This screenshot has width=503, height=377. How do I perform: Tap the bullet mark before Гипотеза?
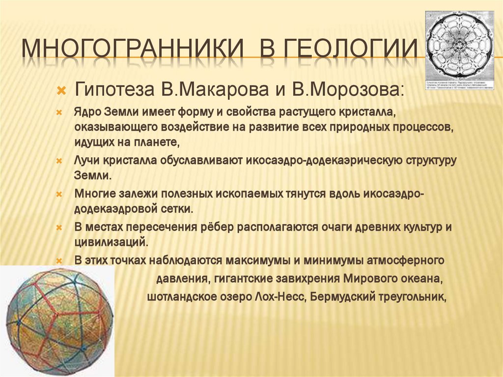point(61,90)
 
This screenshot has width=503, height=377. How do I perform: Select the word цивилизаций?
point(111,242)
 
